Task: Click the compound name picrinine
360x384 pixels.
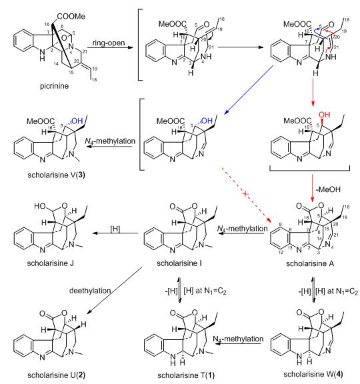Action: point(55,86)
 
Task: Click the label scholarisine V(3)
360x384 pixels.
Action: point(56,175)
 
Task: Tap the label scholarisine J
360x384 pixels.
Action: point(50,263)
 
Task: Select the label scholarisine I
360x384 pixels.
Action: point(179,263)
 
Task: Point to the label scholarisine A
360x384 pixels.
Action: point(310,263)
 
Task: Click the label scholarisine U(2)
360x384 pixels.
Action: point(56,375)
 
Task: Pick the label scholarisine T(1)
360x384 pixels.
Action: point(186,375)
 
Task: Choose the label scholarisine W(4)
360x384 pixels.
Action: point(313,374)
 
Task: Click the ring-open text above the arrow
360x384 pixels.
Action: point(109,43)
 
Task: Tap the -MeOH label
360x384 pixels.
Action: point(328,189)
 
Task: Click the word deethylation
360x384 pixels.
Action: point(90,291)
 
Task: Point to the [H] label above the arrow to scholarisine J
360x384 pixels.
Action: point(115,229)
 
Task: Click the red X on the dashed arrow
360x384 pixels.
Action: point(245,194)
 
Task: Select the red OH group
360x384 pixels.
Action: point(324,115)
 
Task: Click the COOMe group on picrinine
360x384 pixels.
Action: point(71,17)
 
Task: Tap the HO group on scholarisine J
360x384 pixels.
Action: point(40,206)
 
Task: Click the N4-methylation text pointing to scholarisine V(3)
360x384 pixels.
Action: point(110,141)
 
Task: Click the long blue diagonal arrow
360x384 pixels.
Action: point(249,89)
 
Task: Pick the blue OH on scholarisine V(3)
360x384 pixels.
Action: point(77,121)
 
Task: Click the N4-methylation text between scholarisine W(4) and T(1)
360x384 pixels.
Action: point(238,339)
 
